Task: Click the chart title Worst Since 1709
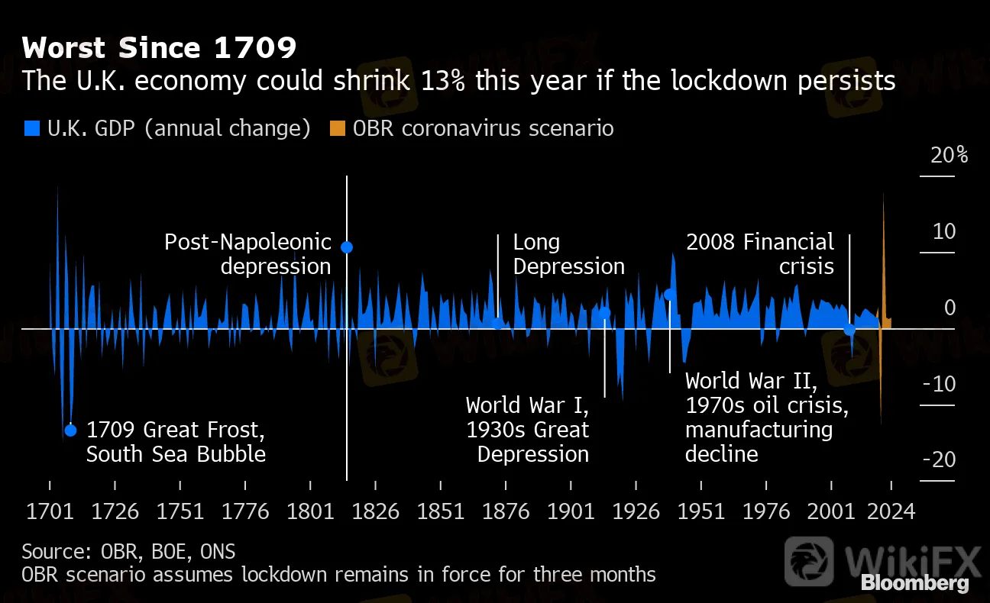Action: pos(159,49)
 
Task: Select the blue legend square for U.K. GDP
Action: pos(31,129)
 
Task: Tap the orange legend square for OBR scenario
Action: pos(338,129)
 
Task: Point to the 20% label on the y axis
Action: pos(949,156)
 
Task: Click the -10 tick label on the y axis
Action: pos(940,384)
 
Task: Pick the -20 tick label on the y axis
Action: pos(940,460)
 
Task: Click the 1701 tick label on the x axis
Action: pos(50,511)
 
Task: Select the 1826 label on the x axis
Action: pos(376,511)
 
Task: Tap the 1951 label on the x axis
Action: pos(701,511)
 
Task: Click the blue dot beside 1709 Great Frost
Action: pos(71,430)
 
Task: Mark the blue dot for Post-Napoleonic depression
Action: pos(347,247)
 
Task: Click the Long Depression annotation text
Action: pos(568,255)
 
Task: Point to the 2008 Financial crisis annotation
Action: pos(760,255)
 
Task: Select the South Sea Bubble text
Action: pos(176,455)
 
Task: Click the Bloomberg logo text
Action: pos(914,584)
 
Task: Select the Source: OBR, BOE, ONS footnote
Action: pos(128,551)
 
